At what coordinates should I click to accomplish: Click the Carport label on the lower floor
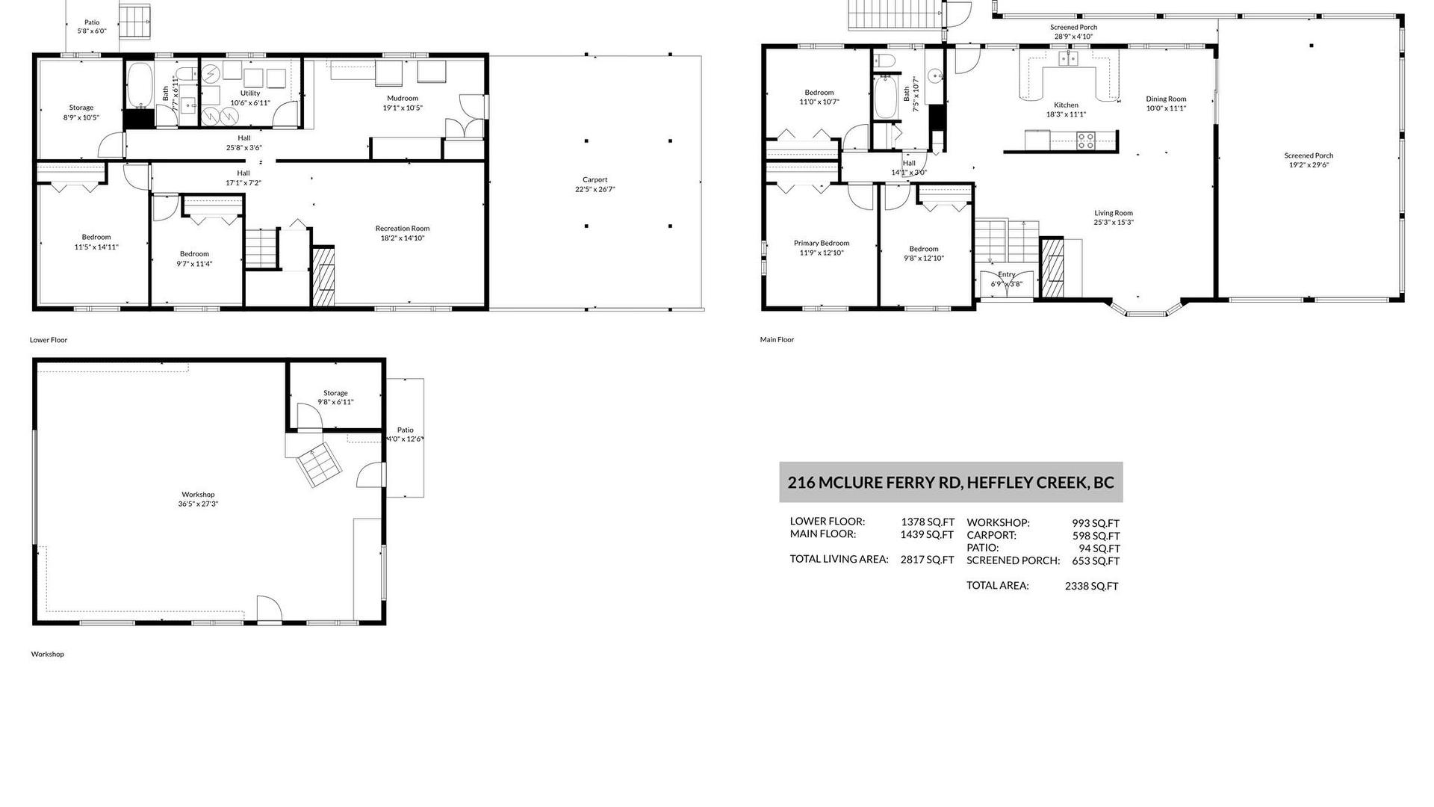[595, 179]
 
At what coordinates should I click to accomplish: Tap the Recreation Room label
[403, 229]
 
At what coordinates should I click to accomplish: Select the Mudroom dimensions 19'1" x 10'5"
[403, 108]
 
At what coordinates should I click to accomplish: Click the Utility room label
[250, 93]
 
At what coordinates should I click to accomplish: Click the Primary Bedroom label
[822, 243]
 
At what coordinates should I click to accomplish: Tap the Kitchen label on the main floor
[1066, 105]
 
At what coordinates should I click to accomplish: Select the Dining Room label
[1166, 99]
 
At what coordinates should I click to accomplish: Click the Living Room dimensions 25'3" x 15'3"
[1114, 222]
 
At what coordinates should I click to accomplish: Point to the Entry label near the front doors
[1007, 274]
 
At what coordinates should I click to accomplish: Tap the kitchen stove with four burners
[1085, 140]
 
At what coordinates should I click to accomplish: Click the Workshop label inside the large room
[198, 495]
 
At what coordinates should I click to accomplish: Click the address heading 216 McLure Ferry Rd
[951, 482]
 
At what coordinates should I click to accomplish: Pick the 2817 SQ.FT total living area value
[927, 560]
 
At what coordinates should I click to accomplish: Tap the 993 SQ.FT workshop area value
[1096, 524]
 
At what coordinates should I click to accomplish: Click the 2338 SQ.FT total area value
[1092, 587]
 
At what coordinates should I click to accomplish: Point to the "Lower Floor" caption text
[49, 340]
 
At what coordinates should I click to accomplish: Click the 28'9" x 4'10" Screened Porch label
[1073, 36]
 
